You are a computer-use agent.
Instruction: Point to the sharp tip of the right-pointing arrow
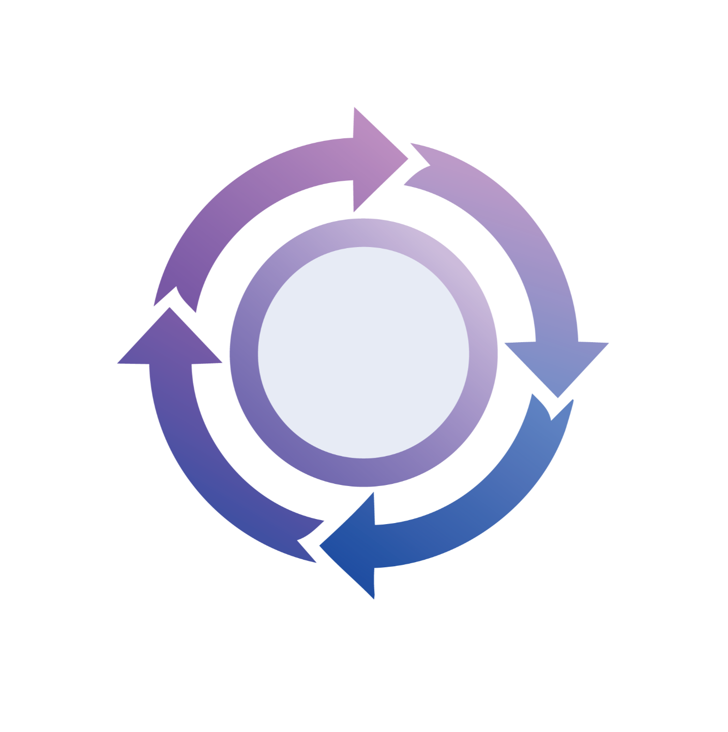pyautogui.click(x=408, y=159)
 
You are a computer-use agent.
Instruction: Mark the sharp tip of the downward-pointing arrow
pyautogui.click(x=558, y=397)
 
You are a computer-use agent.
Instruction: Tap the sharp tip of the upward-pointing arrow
pyautogui.click(x=170, y=308)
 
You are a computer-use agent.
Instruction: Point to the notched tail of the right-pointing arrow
pyautogui.click(x=175, y=297)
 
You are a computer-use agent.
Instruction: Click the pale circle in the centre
pyautogui.click(x=363, y=352)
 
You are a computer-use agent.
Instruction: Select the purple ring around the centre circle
pyautogui.click(x=244, y=352)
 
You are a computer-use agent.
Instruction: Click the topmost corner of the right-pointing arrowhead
pyautogui.click(x=354, y=107)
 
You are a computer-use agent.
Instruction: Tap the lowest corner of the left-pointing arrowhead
pyautogui.click(x=374, y=598)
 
